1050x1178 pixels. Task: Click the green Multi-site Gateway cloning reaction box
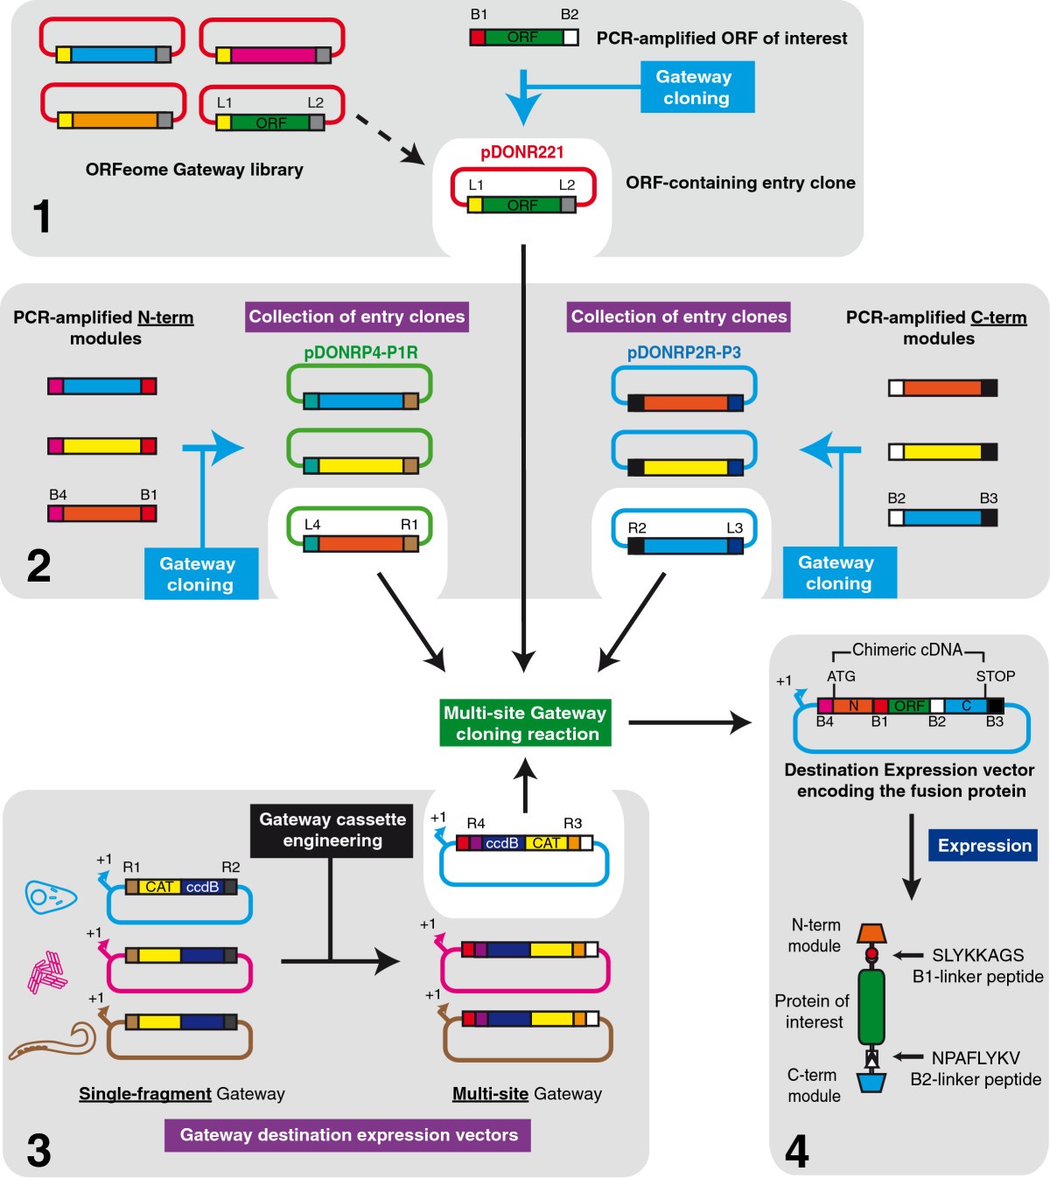click(525, 723)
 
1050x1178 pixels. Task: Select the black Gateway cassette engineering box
click(332, 830)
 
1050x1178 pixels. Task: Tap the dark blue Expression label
click(983, 846)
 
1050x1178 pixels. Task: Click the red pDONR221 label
click(522, 152)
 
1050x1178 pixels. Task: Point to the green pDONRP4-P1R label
click(360, 352)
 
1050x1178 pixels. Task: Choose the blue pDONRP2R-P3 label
click(683, 352)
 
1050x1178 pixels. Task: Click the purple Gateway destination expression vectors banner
click(348, 1135)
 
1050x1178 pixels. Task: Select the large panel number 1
click(41, 216)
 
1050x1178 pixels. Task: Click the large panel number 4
click(796, 1151)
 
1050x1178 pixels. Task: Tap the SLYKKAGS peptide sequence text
click(977, 955)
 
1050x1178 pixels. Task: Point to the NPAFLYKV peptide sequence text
click(976, 1058)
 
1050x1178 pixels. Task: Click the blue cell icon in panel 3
click(51, 896)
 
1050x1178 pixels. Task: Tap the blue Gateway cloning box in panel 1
click(696, 87)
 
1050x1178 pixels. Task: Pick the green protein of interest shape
click(871, 1006)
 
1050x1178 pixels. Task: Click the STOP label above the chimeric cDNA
click(995, 676)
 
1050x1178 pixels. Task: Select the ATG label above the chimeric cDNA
click(841, 676)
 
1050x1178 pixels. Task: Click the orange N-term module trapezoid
click(871, 933)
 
